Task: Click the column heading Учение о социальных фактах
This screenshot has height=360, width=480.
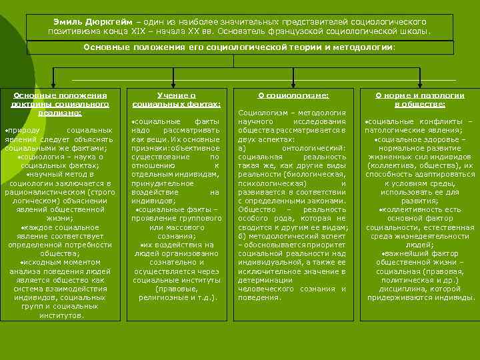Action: (175, 100)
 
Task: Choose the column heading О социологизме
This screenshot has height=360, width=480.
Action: (293, 96)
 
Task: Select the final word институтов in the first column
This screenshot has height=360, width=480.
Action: (60, 314)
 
